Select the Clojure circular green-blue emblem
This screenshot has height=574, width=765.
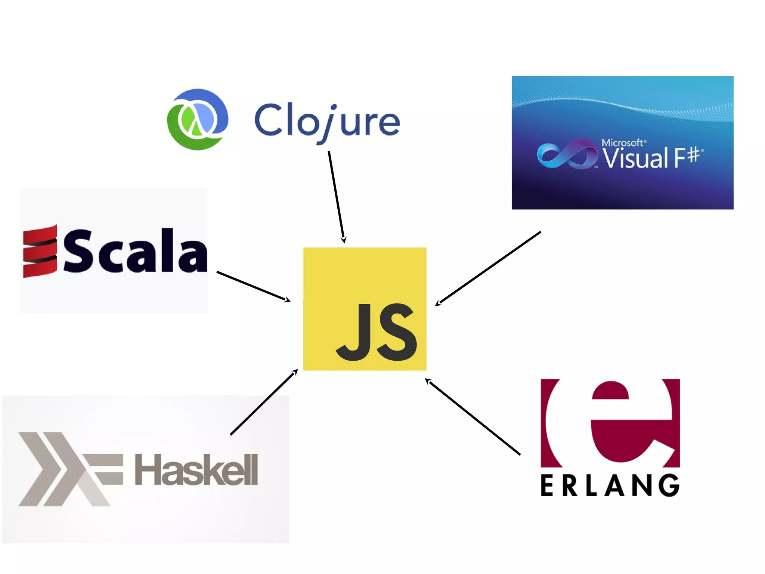[x=197, y=120]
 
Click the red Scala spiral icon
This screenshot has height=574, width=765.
[x=40, y=251]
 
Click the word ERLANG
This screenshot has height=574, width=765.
[x=610, y=485]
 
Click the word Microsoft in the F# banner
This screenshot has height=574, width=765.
[x=622, y=143]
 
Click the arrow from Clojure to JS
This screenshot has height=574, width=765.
[x=336, y=196]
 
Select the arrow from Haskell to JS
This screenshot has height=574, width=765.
[x=264, y=402]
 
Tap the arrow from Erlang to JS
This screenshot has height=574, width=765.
[x=473, y=417]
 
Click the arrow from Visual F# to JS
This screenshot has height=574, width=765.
[x=488, y=268]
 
